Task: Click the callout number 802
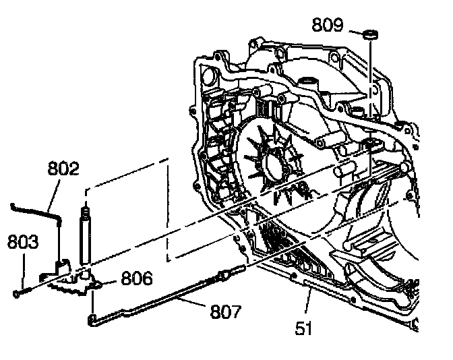pos(64,169)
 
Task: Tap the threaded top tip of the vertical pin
pos(86,211)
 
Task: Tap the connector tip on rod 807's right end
pos(227,273)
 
